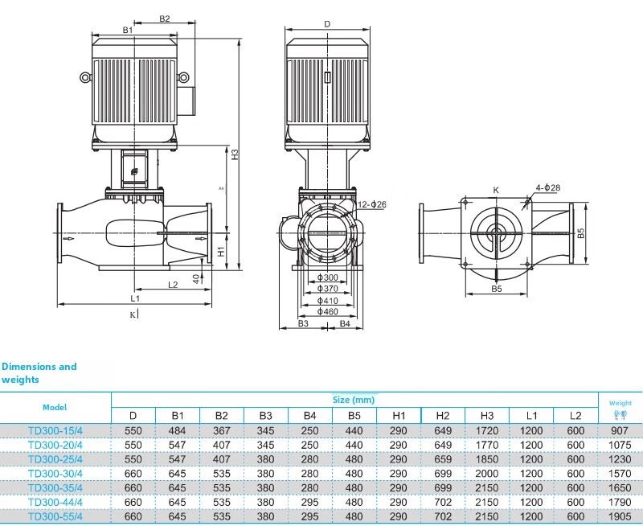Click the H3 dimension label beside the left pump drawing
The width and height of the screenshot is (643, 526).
(235, 154)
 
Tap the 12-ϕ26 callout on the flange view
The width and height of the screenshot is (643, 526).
(371, 204)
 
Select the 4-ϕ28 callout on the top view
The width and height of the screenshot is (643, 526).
(548, 188)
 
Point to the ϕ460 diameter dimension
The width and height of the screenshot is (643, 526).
(328, 312)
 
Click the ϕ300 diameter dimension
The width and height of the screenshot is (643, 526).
(328, 277)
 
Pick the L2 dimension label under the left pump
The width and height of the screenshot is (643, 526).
(173, 285)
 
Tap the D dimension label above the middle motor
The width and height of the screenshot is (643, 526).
(327, 24)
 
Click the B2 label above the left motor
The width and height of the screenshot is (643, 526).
(165, 18)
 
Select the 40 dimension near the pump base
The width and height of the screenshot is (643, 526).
(196, 279)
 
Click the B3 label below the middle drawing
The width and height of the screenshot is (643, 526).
(303, 324)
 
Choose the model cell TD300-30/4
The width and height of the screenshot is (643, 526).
(55, 474)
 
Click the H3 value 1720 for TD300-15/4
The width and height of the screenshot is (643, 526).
(487, 431)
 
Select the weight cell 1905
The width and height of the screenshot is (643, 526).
(620, 516)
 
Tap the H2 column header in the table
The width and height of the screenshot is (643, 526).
(443, 416)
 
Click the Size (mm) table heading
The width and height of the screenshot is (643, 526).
(354, 400)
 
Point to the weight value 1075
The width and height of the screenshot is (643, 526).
(620, 446)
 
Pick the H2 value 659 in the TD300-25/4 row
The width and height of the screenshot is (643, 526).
(443, 459)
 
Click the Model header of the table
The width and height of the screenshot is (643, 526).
(55, 408)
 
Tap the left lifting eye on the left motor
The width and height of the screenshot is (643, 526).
(85, 77)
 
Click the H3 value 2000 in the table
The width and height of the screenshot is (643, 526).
(487, 474)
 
